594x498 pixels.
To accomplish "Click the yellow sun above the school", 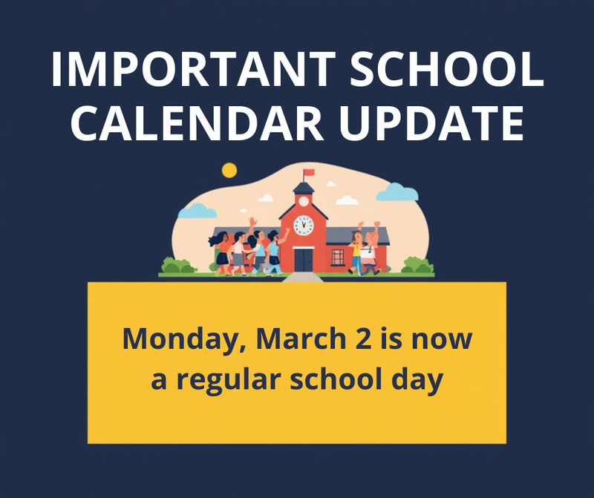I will (x=229, y=170).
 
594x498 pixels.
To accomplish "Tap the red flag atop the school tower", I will (x=308, y=172).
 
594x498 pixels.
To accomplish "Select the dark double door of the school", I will (x=303, y=260).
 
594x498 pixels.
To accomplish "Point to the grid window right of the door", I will (x=338, y=258).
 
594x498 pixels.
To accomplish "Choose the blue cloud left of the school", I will (x=198, y=212).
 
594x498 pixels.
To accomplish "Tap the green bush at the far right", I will (x=417, y=265).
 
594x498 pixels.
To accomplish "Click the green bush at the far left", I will (x=177, y=265).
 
